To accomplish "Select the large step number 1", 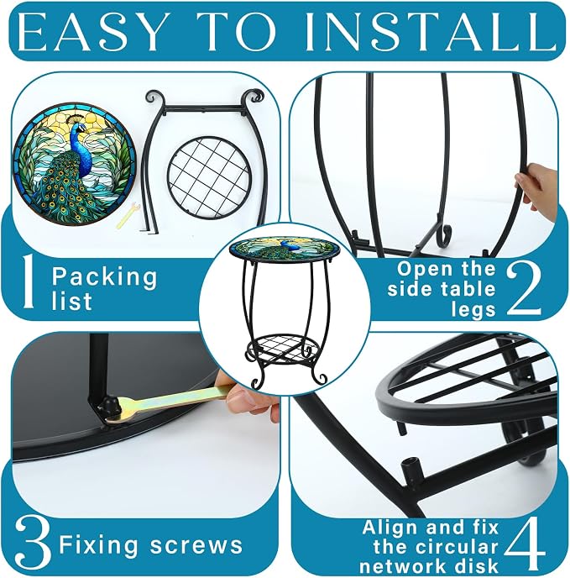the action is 29,281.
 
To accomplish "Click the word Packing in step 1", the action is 104,277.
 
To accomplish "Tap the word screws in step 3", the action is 196,545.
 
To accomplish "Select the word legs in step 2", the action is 473,310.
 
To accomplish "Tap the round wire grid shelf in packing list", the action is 210,177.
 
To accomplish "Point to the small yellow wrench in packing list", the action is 128,216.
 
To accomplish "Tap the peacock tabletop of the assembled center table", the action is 284,249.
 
